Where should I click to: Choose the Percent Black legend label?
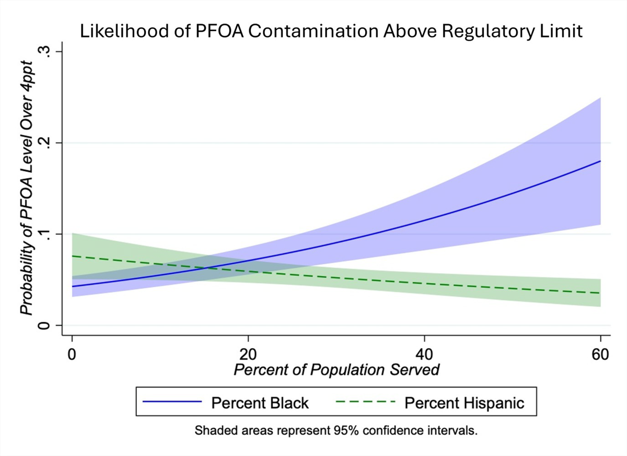(260, 403)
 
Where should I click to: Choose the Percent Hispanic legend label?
(465, 403)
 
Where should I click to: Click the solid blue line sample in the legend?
(172, 403)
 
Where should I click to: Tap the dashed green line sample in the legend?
(366, 403)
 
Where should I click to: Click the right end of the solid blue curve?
(600, 161)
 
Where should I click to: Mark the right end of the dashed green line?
(600, 293)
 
